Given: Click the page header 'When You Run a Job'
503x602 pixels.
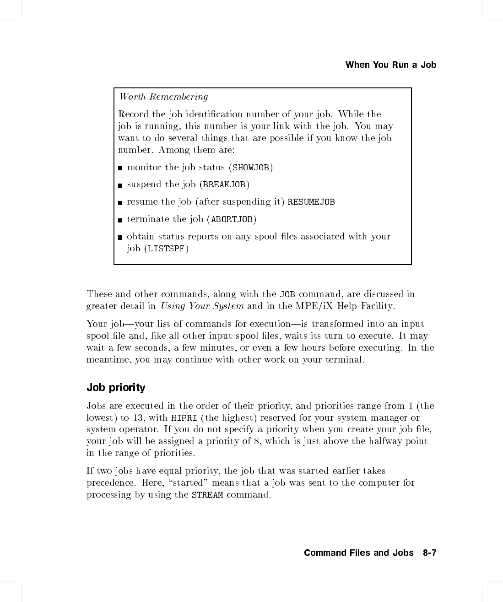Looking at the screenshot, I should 390,65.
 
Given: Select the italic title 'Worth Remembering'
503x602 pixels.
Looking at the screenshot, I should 163,97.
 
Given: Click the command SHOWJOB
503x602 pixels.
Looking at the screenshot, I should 251,168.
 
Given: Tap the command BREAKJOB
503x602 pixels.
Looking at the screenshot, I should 224,185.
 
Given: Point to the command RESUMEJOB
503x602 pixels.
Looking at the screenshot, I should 311,202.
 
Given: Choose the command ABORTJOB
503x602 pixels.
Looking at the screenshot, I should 232,219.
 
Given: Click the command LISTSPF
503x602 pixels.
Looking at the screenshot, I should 166,249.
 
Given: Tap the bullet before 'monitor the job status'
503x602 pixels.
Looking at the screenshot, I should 120,168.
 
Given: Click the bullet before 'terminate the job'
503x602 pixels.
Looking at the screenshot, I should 120,220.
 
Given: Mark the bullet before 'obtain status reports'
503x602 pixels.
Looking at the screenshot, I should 120,238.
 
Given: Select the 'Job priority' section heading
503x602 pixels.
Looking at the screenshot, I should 116,387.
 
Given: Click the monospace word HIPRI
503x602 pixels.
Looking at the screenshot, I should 184,418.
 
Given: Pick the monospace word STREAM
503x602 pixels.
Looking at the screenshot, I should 207,495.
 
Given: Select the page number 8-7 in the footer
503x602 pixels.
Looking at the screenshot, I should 429,553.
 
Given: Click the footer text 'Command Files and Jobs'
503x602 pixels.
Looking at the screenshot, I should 358,553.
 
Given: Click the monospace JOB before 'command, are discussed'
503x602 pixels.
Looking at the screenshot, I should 287,294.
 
